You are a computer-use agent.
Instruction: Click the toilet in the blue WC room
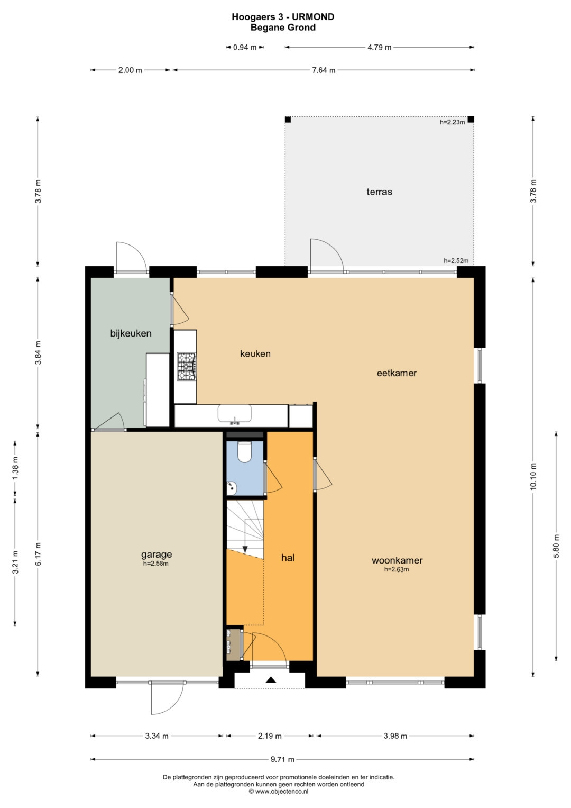click(x=244, y=452)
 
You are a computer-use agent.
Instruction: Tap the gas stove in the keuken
click(x=186, y=366)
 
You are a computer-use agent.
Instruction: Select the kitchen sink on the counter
click(x=234, y=414)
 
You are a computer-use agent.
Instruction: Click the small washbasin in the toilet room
click(x=232, y=488)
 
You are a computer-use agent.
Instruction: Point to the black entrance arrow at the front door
click(x=271, y=680)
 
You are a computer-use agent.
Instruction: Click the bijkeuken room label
click(x=131, y=333)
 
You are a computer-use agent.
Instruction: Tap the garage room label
click(x=156, y=555)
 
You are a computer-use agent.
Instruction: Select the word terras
click(x=379, y=192)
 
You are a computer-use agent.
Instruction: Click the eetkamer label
click(x=397, y=373)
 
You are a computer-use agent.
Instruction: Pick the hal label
click(x=288, y=558)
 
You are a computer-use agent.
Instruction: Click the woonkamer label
click(x=397, y=560)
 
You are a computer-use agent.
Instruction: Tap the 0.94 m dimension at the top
click(x=245, y=47)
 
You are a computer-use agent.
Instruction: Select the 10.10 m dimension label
click(x=533, y=476)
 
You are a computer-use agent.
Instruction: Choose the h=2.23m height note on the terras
click(x=452, y=122)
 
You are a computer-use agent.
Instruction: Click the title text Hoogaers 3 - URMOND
click(x=283, y=17)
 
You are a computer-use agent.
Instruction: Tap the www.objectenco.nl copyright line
click(x=278, y=792)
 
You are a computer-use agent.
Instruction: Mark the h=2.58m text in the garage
click(x=156, y=564)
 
